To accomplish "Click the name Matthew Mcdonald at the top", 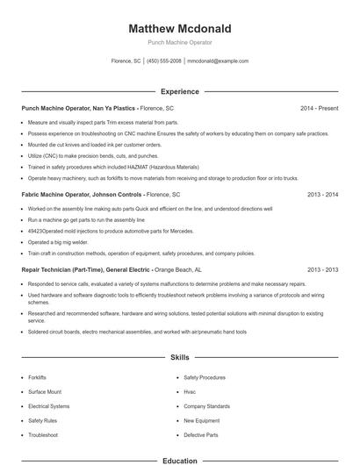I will point(180,28).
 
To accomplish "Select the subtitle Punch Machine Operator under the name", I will point(180,42).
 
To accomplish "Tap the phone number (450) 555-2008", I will point(164,61).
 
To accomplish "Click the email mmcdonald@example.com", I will point(219,61).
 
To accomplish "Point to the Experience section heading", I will point(180,91).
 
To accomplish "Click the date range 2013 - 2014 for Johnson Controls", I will point(322,194).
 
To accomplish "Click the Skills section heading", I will point(180,358).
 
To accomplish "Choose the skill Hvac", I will point(190,392).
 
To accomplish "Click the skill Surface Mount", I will point(45,392).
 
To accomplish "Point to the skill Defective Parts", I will point(200,435).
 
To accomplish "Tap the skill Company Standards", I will point(206,406).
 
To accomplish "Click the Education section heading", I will point(180,460).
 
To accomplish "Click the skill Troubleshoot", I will point(43,435).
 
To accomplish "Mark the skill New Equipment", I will point(201,421).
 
